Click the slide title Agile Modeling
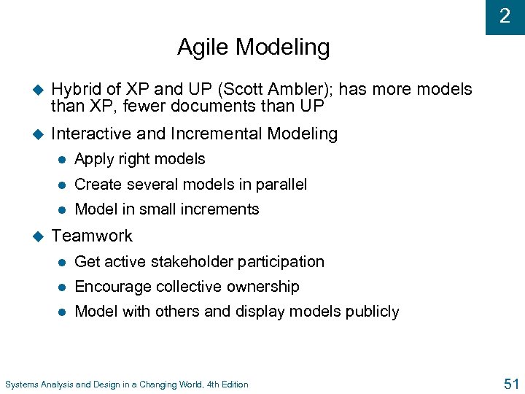click(x=253, y=48)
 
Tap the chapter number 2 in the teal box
click(x=505, y=16)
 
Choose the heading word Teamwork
click(x=92, y=236)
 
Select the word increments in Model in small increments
click(x=223, y=209)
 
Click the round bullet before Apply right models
click(x=63, y=160)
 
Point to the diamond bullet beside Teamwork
click(x=39, y=236)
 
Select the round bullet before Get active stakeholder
click(x=63, y=262)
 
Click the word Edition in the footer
click(x=232, y=385)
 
